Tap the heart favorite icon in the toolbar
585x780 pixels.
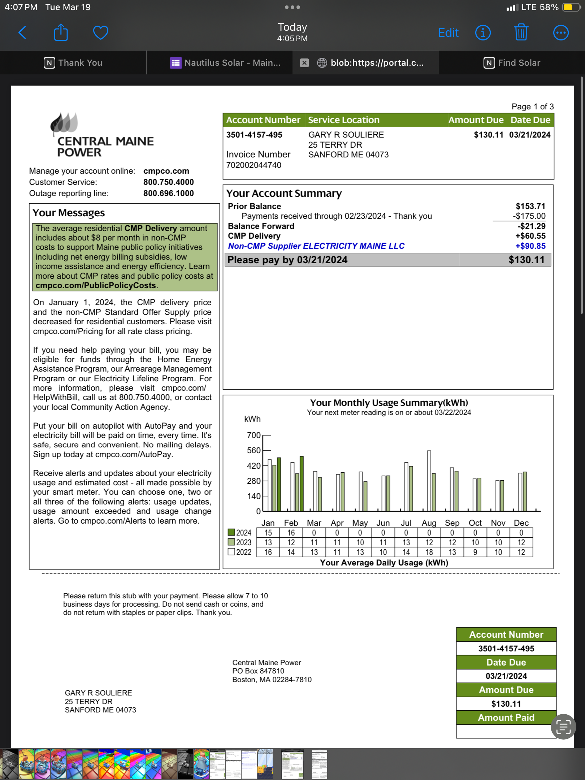tap(100, 33)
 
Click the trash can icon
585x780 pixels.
tap(521, 32)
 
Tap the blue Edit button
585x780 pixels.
tap(448, 33)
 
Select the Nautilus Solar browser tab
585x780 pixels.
tap(226, 63)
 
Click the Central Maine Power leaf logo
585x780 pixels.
tap(64, 123)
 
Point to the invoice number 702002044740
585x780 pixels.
tap(253, 165)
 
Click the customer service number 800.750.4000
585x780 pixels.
tap(168, 182)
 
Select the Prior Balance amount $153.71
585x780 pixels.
tap(530, 206)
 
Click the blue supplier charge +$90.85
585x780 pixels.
tap(530, 246)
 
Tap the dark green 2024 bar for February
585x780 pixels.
tap(302, 484)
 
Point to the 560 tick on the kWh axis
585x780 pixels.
tap(254, 450)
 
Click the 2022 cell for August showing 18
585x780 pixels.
tap(429, 552)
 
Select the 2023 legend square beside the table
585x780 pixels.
tap(231, 542)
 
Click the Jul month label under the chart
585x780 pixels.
tap(406, 523)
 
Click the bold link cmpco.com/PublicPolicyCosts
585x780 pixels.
tap(96, 286)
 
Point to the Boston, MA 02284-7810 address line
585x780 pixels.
tap(272, 680)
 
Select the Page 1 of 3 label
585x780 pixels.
tap(532, 107)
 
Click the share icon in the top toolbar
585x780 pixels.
tap(61, 32)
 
